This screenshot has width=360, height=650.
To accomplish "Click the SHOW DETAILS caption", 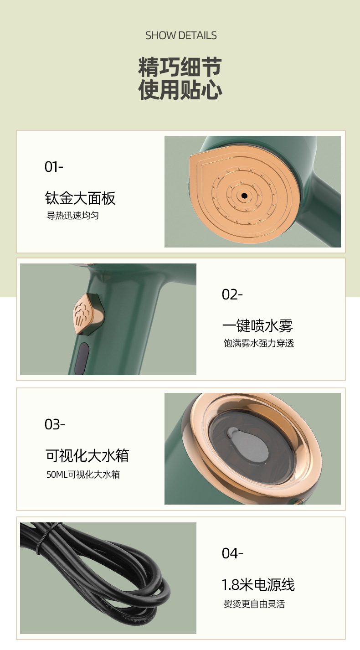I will pyautogui.click(x=181, y=36).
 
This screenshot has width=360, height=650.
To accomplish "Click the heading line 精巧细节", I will pyautogui.click(x=180, y=67).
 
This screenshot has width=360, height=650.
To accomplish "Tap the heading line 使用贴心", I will pyautogui.click(x=180, y=90).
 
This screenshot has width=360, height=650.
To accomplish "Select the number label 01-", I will pyautogui.click(x=54, y=167).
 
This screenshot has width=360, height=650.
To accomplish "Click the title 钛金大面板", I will pyautogui.click(x=80, y=198).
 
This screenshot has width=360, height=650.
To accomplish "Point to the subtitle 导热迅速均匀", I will pyautogui.click(x=72, y=216).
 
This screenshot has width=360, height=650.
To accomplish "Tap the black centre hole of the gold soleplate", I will pyautogui.click(x=244, y=196).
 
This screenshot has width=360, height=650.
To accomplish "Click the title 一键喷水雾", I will pyautogui.click(x=257, y=325).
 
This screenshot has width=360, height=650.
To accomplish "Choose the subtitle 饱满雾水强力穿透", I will pyautogui.click(x=259, y=343).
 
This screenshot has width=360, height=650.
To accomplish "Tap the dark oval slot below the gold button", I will pyautogui.click(x=82, y=358).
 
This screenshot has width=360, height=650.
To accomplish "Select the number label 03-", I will pyautogui.click(x=55, y=424).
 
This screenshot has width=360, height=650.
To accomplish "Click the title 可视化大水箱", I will pyautogui.click(x=87, y=455).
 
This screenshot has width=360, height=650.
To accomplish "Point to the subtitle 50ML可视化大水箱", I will pyautogui.click(x=83, y=475).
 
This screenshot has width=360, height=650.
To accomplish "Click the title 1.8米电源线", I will pyautogui.click(x=258, y=585).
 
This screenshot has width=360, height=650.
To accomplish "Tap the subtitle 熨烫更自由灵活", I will pyautogui.click(x=254, y=604).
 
